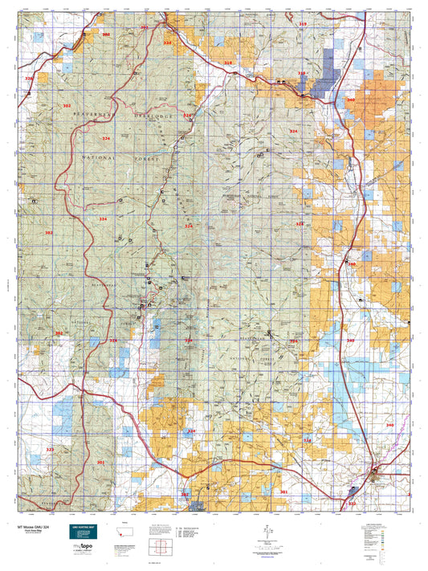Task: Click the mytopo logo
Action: click(x=84, y=548)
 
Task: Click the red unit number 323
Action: click(x=50, y=450)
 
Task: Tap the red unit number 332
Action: click(x=352, y=504)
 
